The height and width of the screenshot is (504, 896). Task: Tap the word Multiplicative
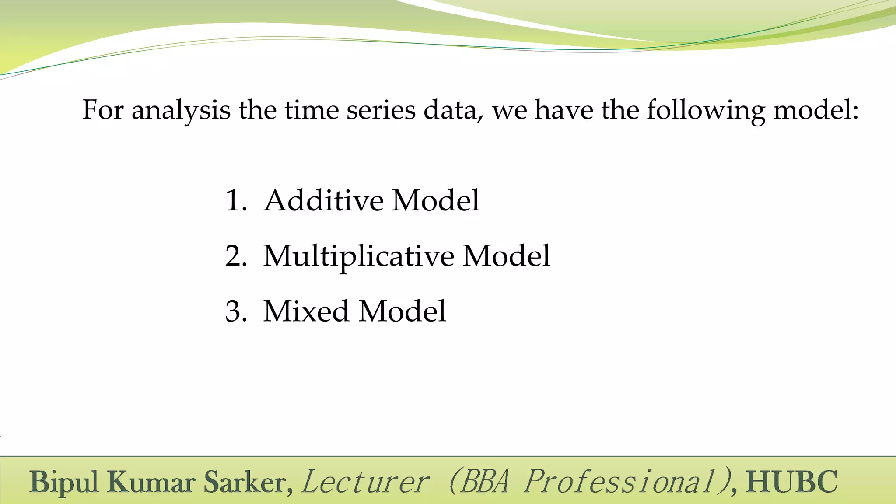pyautogui.click(x=358, y=256)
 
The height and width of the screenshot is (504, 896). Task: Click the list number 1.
pyautogui.click(x=234, y=201)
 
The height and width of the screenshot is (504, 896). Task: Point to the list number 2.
pyautogui.click(x=235, y=256)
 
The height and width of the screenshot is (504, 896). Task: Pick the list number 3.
pyautogui.click(x=235, y=311)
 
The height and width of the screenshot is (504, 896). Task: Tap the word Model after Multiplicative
pyautogui.click(x=506, y=256)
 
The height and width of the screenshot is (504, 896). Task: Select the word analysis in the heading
pyautogui.click(x=181, y=110)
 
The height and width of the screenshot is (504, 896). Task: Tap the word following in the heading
pyautogui.click(x=706, y=110)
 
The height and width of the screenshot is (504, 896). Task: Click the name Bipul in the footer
pyautogui.click(x=64, y=483)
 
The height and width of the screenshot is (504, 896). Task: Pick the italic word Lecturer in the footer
pyautogui.click(x=365, y=482)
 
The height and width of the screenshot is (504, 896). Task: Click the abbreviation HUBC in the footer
pyautogui.click(x=791, y=482)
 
